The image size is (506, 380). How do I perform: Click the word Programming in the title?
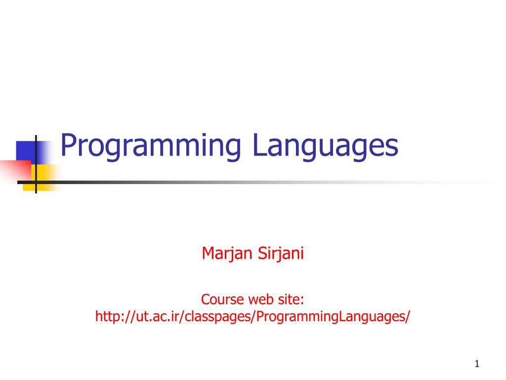pyautogui.click(x=151, y=146)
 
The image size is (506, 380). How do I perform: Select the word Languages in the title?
pyautogui.click(x=325, y=146)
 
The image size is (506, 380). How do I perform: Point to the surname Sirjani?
pyautogui.click(x=281, y=253)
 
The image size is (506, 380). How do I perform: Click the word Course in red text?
pyautogui.click(x=222, y=299)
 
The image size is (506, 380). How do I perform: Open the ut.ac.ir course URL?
pyautogui.click(x=253, y=316)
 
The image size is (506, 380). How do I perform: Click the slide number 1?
pyautogui.click(x=477, y=364)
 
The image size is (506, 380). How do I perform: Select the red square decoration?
pyautogui.click(x=15, y=171)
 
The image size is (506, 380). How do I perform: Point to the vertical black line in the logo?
pyautogui.click(x=36, y=164)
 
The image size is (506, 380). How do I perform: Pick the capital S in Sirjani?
pyautogui.click(x=262, y=253)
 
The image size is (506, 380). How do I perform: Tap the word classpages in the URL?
pyautogui.click(x=218, y=316)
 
